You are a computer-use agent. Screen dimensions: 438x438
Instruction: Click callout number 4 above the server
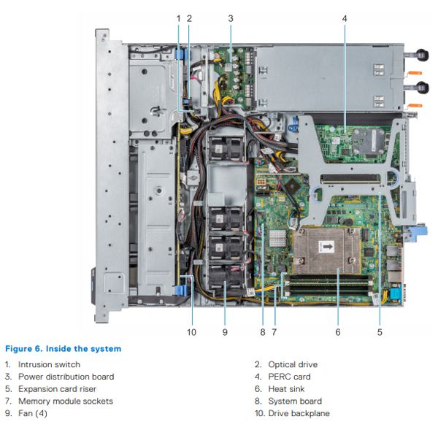[x=345, y=18]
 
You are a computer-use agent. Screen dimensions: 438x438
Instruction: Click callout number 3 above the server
[x=230, y=18]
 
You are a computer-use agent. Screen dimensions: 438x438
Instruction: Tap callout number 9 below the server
[x=225, y=332]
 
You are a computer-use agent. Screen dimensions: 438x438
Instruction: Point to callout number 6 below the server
[x=338, y=332]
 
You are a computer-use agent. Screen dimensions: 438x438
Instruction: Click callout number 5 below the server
[x=380, y=332]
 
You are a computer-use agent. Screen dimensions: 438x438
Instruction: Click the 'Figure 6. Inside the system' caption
[x=63, y=348]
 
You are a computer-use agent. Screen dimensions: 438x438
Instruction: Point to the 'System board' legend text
[x=296, y=401]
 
